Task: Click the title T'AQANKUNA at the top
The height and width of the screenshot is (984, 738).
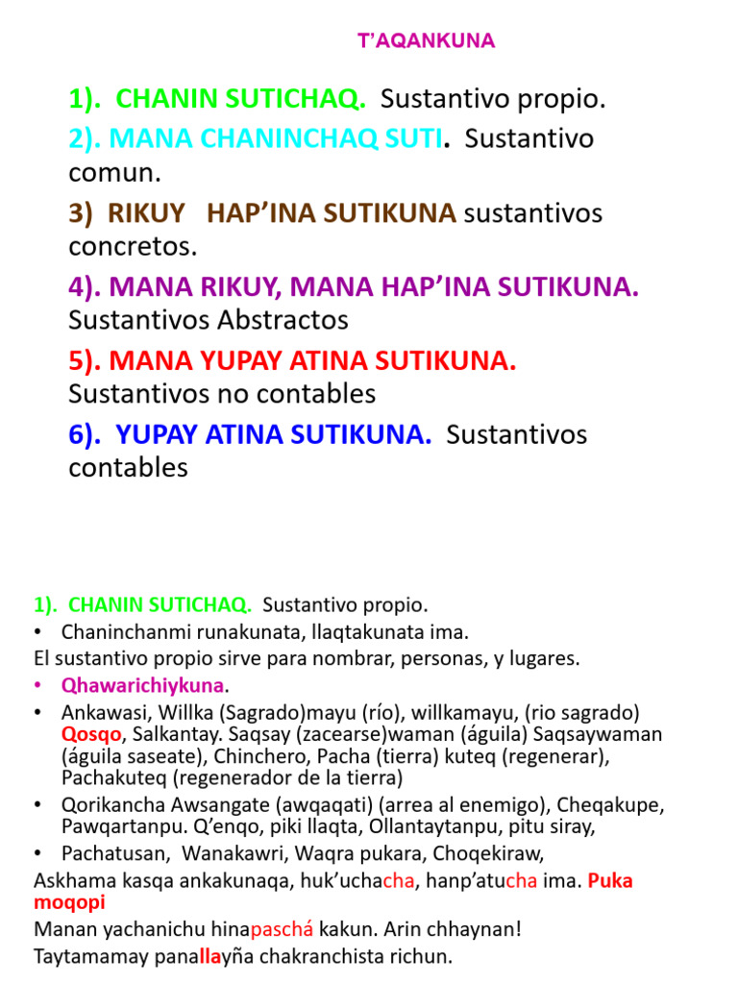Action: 426,40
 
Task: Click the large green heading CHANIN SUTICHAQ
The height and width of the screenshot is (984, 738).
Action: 240,99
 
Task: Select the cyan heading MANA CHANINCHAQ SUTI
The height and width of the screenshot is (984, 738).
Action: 276,138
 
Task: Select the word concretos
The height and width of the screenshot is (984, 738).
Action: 133,246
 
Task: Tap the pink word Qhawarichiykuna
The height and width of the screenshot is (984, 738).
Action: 142,686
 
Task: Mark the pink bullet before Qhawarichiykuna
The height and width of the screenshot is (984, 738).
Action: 39,686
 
